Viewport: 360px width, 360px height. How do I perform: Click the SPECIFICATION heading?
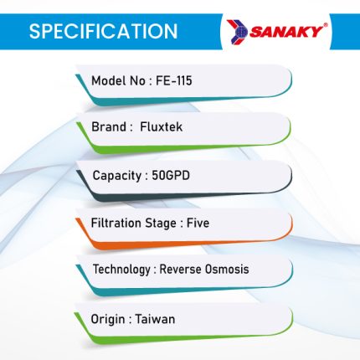pos(103,31)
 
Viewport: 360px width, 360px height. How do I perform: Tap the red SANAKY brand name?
pos(285,32)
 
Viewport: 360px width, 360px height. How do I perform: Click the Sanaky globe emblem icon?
pos(237,32)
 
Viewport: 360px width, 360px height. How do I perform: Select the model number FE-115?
pos(173,81)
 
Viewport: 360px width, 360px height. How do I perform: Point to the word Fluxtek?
pos(161,127)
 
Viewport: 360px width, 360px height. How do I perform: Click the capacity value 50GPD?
pos(171,176)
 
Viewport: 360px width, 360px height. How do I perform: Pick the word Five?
pos(198,223)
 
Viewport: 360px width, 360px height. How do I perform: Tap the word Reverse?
pos(180,270)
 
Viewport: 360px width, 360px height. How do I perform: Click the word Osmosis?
pos(227,270)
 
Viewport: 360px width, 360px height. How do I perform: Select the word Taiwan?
pos(155,319)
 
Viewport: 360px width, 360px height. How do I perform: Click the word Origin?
pos(108,320)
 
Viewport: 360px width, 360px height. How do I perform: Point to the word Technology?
pos(121,270)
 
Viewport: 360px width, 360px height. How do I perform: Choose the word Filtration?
pos(116,223)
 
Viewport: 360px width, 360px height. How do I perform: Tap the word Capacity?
pos(117,176)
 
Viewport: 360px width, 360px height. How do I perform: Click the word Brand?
pos(109,127)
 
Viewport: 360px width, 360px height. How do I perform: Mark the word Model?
pos(109,81)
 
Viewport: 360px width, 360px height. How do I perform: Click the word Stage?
pos(161,224)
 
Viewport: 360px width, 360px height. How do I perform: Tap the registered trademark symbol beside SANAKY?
pos(326,26)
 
